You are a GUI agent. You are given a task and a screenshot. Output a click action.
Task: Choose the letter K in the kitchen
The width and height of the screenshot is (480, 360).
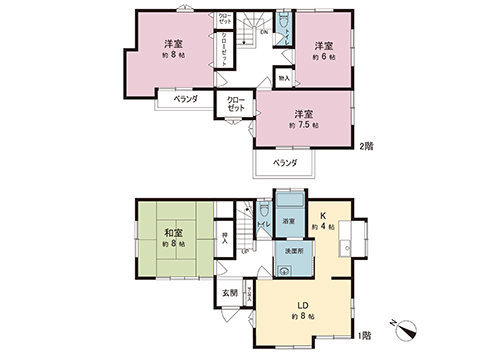point(324,214)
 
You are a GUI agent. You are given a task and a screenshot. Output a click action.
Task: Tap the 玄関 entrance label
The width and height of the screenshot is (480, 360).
point(229,292)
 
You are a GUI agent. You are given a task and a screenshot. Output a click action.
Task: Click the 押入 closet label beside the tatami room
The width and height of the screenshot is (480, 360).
point(226,239)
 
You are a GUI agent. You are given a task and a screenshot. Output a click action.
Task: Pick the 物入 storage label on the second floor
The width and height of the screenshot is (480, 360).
point(284,77)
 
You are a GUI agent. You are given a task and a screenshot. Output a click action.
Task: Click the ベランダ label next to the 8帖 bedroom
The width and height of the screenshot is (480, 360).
point(184,99)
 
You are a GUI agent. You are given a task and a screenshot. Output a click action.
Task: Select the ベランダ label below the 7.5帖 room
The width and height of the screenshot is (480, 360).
point(285,161)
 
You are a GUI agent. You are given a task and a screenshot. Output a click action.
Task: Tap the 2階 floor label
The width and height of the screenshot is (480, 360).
point(366,146)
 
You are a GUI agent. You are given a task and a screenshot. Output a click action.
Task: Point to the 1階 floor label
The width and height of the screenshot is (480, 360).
point(366,335)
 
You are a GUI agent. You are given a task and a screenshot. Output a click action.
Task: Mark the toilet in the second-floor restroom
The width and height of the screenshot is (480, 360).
point(283,22)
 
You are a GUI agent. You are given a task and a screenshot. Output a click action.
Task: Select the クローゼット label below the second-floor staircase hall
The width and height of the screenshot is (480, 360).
point(237,103)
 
